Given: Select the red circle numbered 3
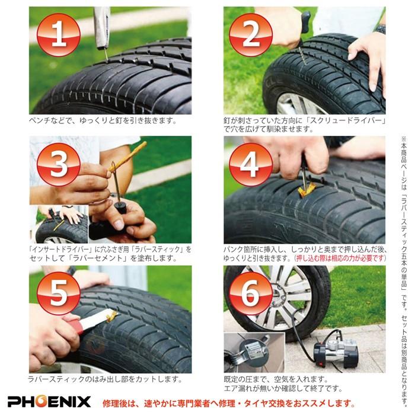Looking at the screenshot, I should point(58,164).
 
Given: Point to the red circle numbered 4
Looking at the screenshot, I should point(251,164).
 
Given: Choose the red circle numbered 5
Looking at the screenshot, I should point(58,293).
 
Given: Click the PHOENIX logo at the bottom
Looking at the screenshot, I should point(49,401).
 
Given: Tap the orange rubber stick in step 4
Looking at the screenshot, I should point(307,189).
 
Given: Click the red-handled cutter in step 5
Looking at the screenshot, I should point(89,324).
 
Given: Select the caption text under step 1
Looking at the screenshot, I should point(103,120).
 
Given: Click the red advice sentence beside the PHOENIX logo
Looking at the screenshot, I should point(228,402).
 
